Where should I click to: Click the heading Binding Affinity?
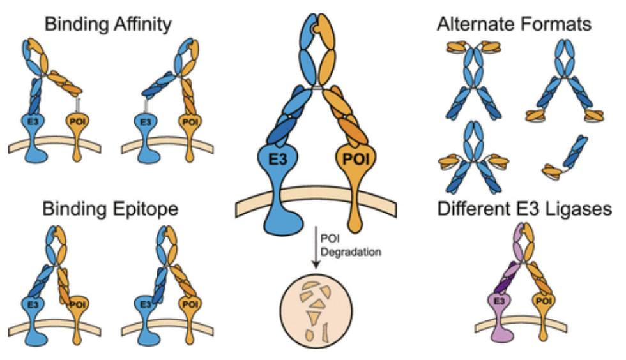point(107,25)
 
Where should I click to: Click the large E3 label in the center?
point(277,158)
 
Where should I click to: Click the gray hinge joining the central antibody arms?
point(312,89)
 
